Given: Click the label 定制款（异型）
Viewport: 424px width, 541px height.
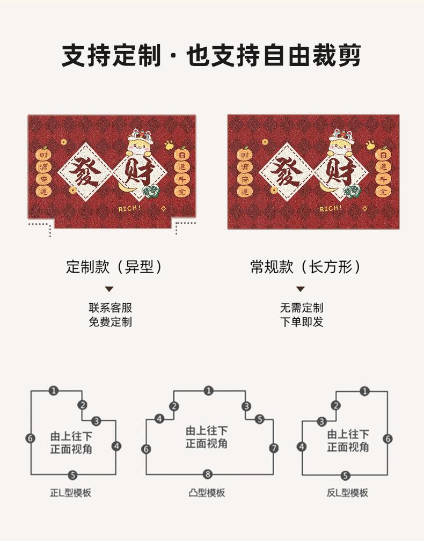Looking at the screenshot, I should click(x=114, y=267).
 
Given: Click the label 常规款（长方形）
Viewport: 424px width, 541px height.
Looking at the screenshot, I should click(x=306, y=267).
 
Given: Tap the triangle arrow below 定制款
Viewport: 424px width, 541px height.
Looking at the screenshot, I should click(x=109, y=289).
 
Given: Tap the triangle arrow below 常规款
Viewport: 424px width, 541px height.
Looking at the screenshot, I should click(x=301, y=289).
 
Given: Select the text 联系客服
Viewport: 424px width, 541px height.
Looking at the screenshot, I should click(x=110, y=308).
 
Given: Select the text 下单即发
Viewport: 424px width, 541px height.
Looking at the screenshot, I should click(x=301, y=322).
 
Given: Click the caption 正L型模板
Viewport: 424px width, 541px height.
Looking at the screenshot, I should click(x=71, y=493).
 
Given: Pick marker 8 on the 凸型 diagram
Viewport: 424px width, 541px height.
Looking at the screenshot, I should click(x=208, y=474).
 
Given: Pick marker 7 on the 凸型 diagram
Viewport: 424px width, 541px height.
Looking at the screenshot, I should click(x=274, y=448).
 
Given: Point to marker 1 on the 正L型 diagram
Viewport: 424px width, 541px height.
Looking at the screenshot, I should click(x=54, y=391).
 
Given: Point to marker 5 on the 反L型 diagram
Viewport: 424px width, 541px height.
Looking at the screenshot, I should click(x=346, y=475).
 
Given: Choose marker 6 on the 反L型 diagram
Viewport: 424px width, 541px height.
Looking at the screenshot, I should click(x=388, y=438).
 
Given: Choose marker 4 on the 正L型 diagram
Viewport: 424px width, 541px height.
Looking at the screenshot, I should click(x=116, y=446).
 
